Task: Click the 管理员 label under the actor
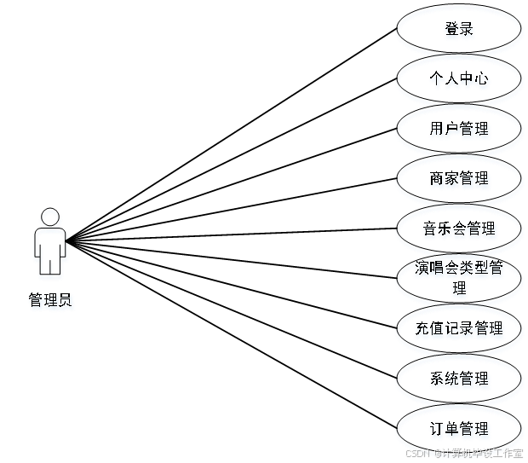click(51, 301)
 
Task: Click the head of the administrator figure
click(51, 217)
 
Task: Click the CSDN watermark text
click(463, 453)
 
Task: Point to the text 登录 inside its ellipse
click(459, 30)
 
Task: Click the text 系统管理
click(459, 379)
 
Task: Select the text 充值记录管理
click(459, 329)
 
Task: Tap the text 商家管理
click(459, 180)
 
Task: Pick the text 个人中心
click(459, 81)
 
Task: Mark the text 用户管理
click(459, 130)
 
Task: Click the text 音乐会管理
click(459, 229)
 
